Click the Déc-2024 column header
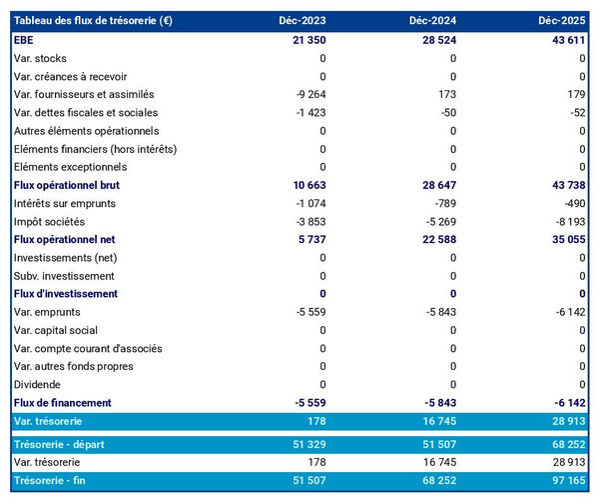click(x=432, y=21)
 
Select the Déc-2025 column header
click(x=562, y=21)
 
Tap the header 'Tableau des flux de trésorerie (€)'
click(x=93, y=21)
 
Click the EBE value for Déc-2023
click(x=305, y=40)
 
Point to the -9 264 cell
click(x=307, y=94)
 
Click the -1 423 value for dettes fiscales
click(x=307, y=113)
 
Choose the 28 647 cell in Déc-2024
click(x=436, y=185)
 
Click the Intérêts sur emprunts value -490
click(x=573, y=203)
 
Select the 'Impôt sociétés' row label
click(x=51, y=221)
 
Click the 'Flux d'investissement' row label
click(x=66, y=294)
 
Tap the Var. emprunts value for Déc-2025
click(x=568, y=312)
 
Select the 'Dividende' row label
click(x=38, y=384)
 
